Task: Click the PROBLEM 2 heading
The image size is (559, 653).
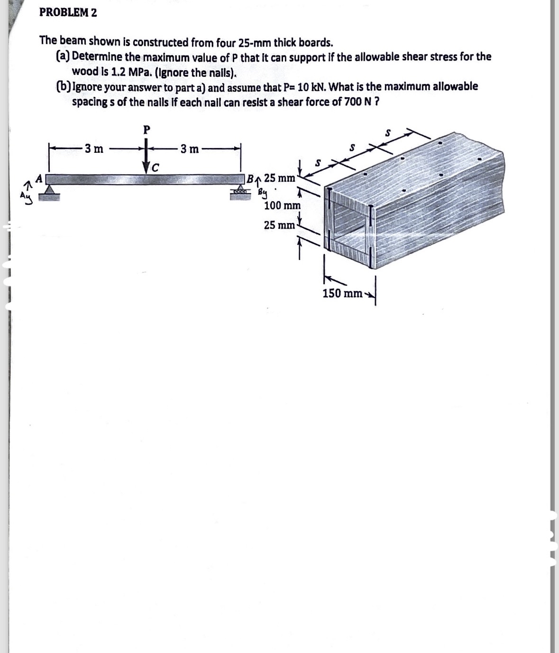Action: [68, 13]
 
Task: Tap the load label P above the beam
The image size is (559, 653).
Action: [147, 129]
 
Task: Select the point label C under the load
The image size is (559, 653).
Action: [155, 167]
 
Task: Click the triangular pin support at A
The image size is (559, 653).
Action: [49, 189]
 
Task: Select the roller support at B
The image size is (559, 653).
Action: [240, 190]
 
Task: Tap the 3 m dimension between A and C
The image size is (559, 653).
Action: [93, 149]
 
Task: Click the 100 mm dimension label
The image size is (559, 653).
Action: [282, 205]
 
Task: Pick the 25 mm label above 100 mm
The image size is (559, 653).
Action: [280, 178]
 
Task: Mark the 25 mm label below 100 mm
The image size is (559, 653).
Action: [279, 225]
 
